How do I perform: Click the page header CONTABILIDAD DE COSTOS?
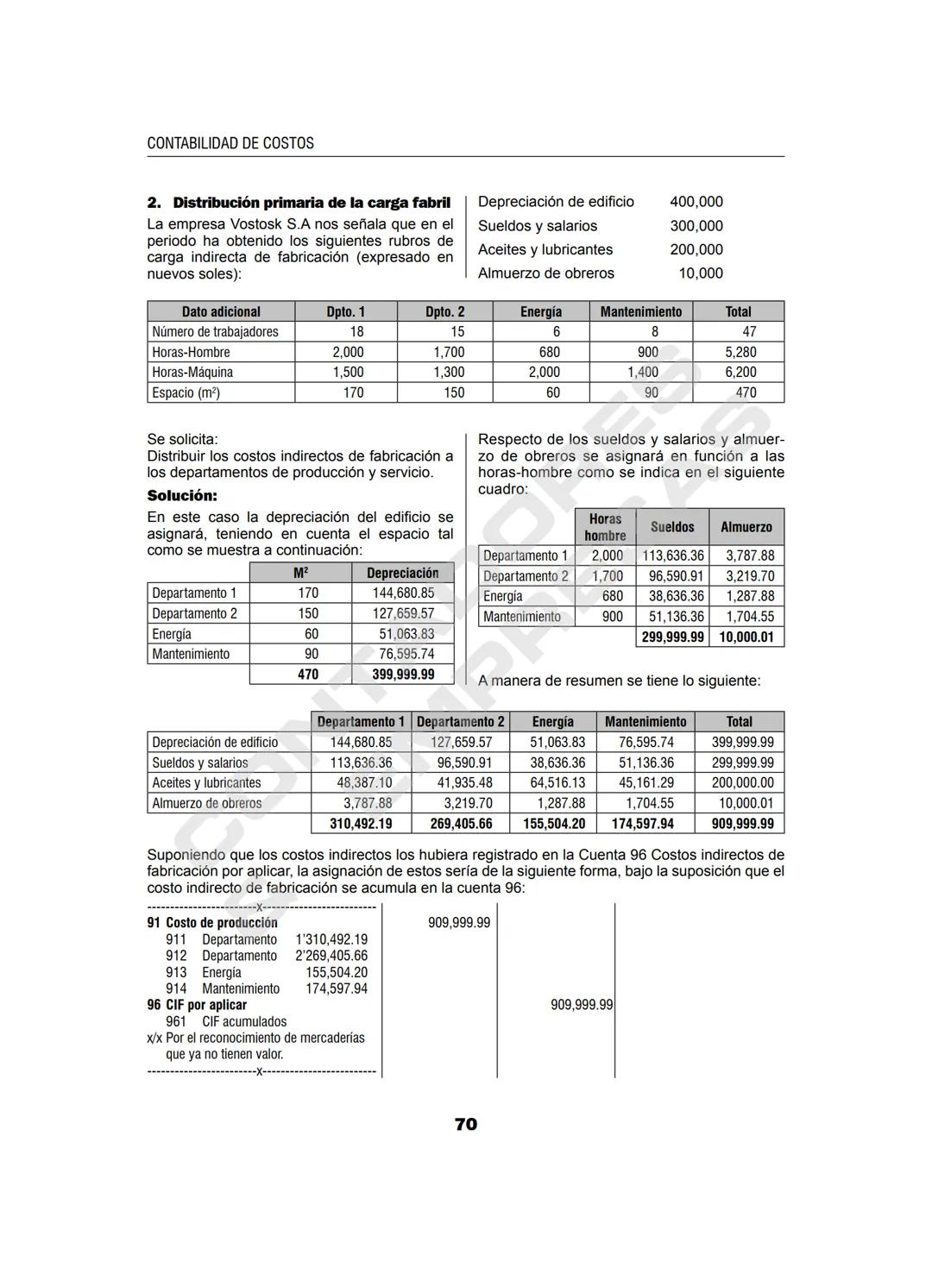tap(230, 143)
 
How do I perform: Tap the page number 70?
tap(465, 1124)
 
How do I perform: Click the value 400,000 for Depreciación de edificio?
tap(696, 202)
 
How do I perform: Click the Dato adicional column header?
tap(221, 311)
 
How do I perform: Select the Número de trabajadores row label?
tap(215, 332)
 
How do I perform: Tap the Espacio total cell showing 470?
tap(746, 392)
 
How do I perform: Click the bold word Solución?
tap(182, 496)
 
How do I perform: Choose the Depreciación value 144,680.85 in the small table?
tap(403, 593)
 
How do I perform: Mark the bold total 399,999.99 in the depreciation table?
tap(403, 675)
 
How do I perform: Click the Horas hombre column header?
tap(605, 527)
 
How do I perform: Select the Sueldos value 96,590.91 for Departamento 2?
tap(672, 576)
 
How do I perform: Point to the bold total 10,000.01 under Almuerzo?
tap(746, 637)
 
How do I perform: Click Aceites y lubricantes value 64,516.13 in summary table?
tap(553, 783)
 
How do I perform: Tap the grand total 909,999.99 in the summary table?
tap(742, 824)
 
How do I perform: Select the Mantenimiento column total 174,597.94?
tap(642, 824)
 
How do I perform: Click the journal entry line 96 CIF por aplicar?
tap(197, 1005)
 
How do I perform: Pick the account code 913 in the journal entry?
tap(176, 972)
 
